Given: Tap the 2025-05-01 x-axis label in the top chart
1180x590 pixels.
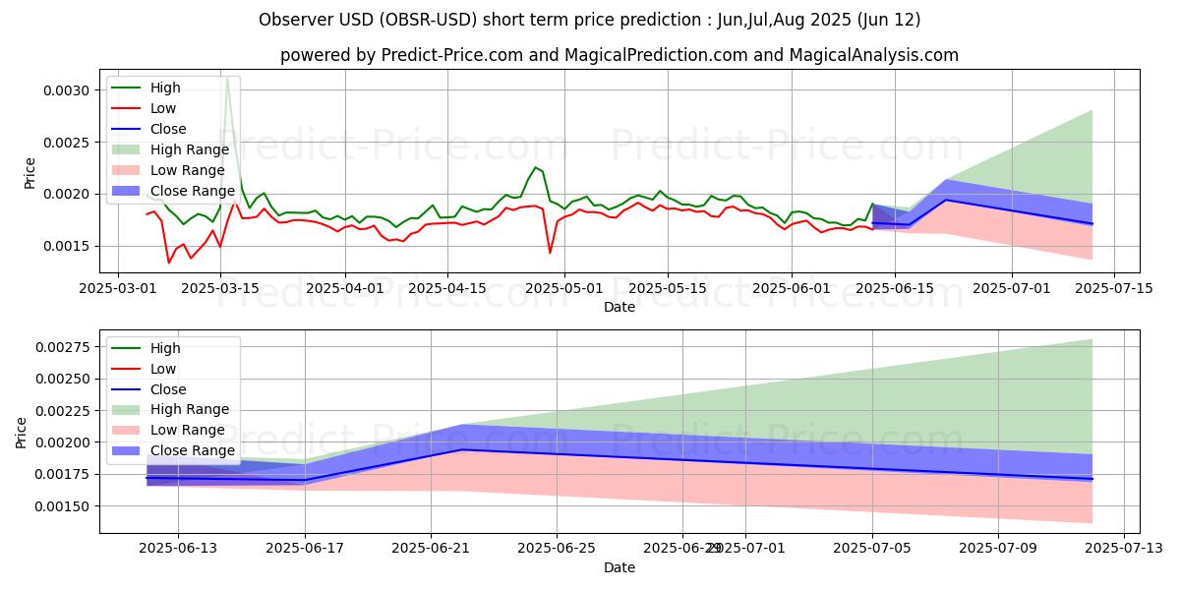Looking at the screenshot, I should click(558, 288).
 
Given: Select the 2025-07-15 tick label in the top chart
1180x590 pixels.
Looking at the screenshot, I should click(1113, 288).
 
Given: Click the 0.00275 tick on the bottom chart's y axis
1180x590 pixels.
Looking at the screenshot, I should click(62, 347).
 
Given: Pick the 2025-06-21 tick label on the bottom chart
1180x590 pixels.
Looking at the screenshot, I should click(431, 548).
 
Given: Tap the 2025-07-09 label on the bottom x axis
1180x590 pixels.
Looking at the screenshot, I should click(999, 548).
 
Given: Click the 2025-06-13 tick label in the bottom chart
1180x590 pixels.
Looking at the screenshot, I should click(178, 548).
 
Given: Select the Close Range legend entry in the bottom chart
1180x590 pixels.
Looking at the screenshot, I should click(192, 450).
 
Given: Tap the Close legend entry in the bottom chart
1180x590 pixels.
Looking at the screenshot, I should click(168, 388).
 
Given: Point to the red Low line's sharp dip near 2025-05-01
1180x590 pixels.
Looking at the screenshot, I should click(550, 253).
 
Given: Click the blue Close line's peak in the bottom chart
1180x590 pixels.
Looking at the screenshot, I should click(462, 449).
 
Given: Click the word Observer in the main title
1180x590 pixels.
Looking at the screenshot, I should click(295, 20).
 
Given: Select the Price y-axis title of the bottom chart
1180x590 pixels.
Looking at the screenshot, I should click(23, 433).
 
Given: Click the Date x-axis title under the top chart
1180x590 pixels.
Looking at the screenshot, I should click(619, 307).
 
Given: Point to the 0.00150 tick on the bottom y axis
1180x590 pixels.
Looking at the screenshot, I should click(62, 505).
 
